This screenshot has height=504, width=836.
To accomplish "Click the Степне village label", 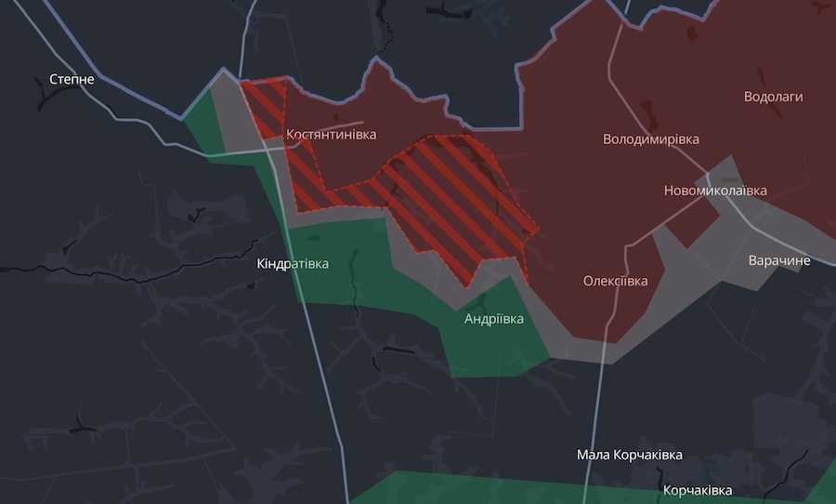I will [x=72, y=80].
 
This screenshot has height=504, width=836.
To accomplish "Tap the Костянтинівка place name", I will [x=331, y=135].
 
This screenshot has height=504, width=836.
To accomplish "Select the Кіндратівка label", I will [x=293, y=264].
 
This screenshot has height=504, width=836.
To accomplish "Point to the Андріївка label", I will [x=493, y=319].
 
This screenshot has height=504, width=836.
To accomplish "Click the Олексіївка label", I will [x=615, y=281].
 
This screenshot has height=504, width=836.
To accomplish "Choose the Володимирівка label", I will [x=650, y=139].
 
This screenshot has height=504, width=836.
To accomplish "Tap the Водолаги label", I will [x=773, y=97].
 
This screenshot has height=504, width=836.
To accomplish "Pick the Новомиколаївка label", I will [x=715, y=191].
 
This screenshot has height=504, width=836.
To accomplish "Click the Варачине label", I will [x=779, y=260].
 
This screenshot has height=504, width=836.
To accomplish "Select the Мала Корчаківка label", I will [x=629, y=455].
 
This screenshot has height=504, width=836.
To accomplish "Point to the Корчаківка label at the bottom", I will [x=697, y=490].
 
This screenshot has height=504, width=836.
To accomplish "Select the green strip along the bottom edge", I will [x=557, y=488].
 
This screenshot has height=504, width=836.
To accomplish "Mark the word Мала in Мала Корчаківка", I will [x=594, y=455].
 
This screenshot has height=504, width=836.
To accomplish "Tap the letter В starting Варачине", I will [x=753, y=260].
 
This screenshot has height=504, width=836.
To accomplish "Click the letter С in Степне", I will [x=54, y=80].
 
